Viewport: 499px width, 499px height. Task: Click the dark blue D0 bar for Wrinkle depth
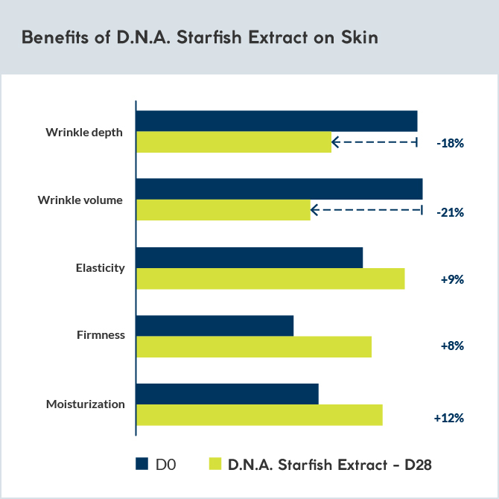point(276,121)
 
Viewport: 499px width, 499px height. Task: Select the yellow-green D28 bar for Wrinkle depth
point(233,142)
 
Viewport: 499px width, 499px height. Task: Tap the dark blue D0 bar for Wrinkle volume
point(279,189)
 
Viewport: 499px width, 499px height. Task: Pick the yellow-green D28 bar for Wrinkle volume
point(223,210)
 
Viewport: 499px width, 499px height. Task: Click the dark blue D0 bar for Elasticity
point(249,257)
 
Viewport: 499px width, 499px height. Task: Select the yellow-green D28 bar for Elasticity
point(270,279)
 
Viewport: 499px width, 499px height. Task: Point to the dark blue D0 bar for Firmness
point(214,325)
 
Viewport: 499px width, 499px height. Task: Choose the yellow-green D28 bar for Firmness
point(253,346)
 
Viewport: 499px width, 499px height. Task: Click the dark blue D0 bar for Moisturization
point(227,394)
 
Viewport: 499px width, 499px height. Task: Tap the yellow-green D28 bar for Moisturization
point(258,415)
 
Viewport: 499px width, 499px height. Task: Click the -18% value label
point(451,143)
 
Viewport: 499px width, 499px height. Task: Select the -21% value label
point(451,212)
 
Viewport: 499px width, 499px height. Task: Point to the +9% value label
point(452,280)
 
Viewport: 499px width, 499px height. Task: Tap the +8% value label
point(452,346)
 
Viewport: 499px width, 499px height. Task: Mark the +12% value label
point(449,418)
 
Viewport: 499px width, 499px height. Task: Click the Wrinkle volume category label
point(80,200)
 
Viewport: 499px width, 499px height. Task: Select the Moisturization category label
point(85,404)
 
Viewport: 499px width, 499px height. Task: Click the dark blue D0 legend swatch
point(142,464)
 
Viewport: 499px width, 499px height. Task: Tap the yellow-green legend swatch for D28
point(215,464)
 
